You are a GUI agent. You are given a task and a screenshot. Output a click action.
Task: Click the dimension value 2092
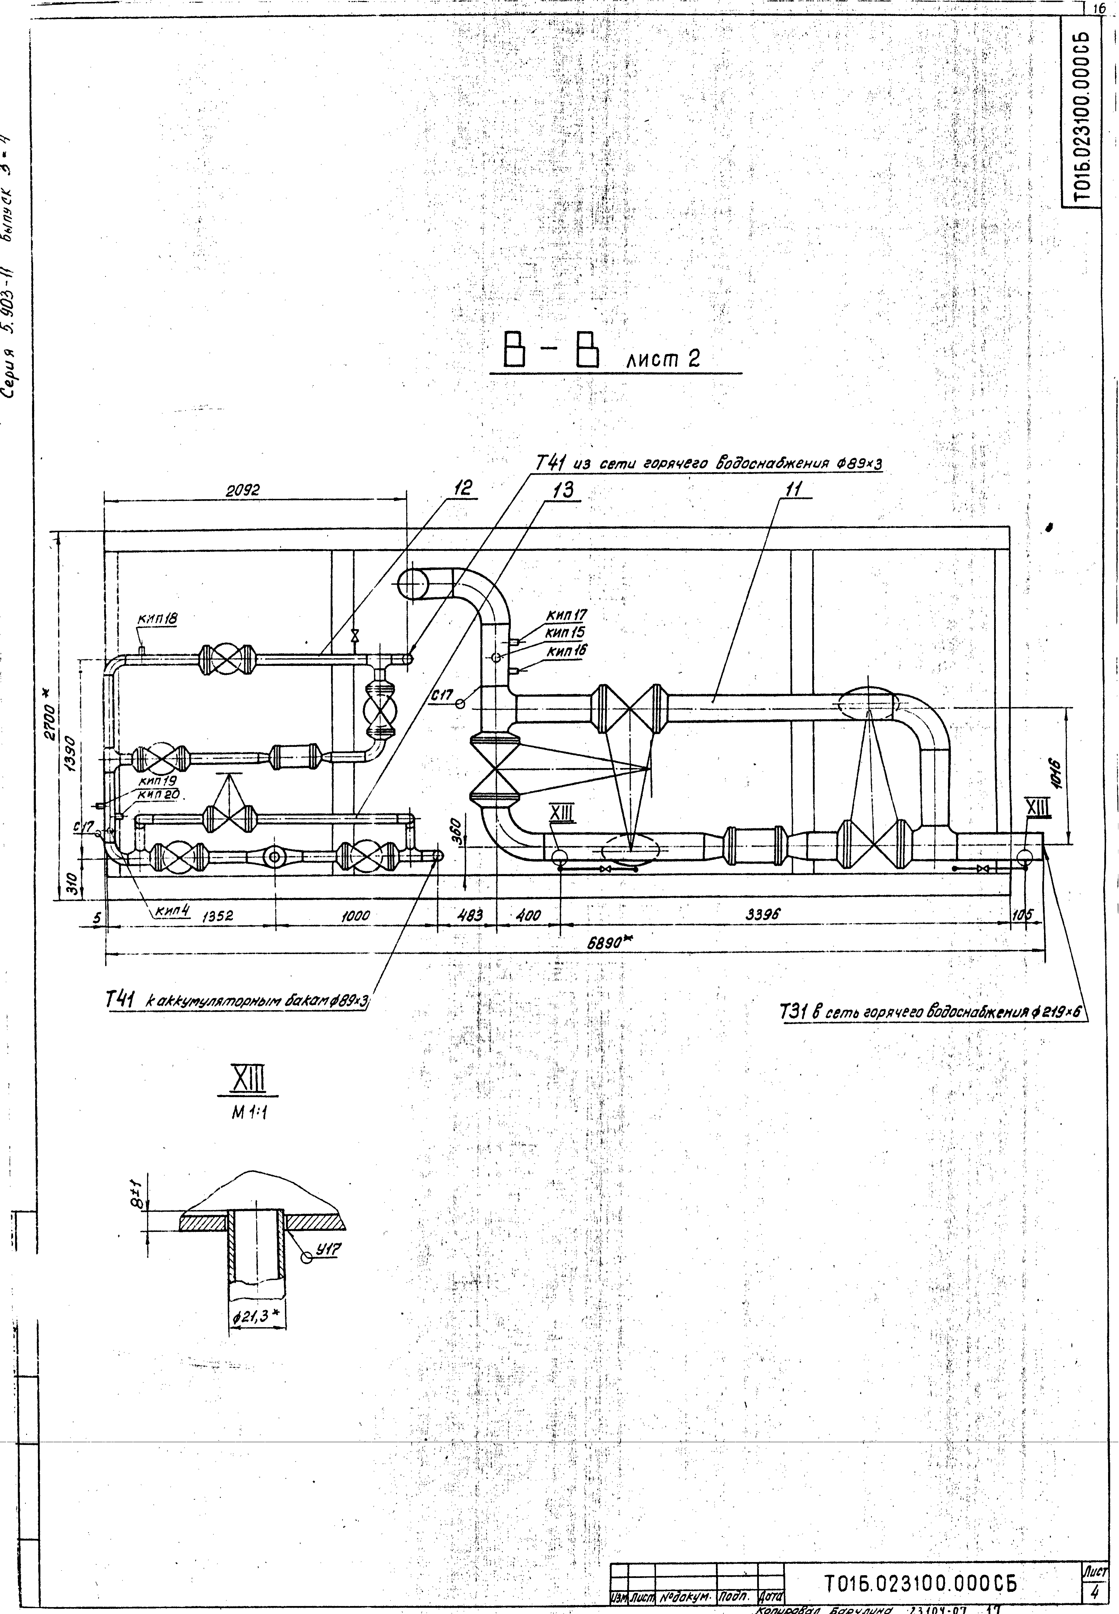[243, 491]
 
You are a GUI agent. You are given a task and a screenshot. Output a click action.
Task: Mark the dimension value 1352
[217, 916]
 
